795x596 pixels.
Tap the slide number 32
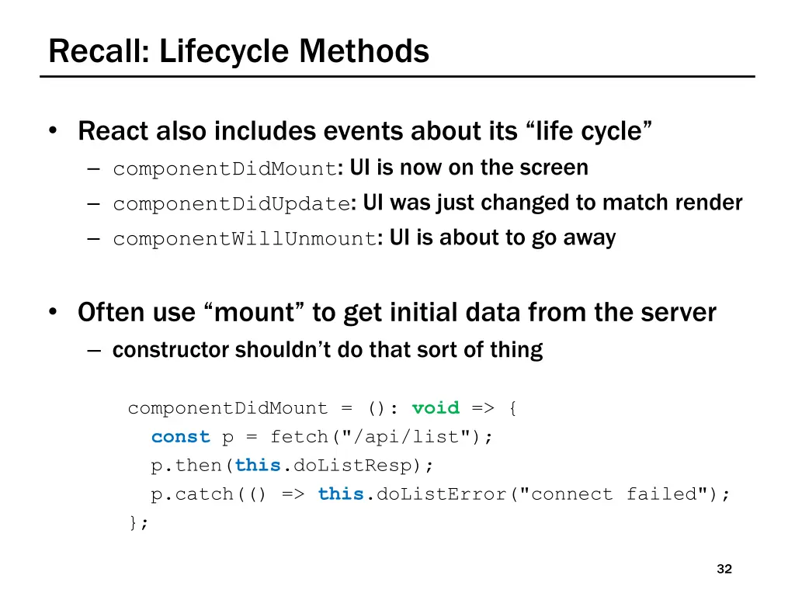point(724,570)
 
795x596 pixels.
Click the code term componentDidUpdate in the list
point(231,204)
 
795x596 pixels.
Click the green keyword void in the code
point(436,408)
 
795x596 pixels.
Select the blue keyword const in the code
point(181,437)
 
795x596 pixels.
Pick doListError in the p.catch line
point(439,494)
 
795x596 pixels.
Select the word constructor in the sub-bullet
point(171,350)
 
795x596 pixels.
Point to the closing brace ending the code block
point(134,522)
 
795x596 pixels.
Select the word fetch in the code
point(300,437)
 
